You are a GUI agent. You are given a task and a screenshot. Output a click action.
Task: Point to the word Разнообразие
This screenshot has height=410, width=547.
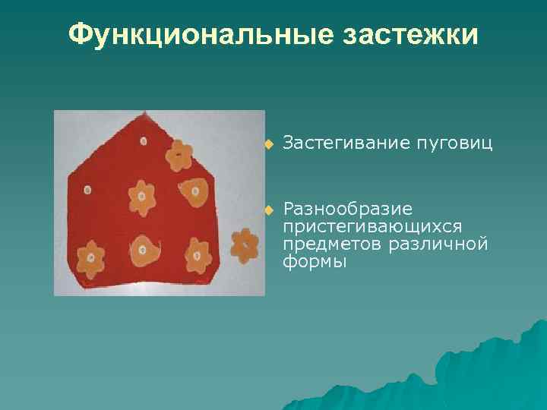[348, 209]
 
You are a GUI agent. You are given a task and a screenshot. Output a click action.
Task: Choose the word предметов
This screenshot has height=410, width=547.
[331, 244]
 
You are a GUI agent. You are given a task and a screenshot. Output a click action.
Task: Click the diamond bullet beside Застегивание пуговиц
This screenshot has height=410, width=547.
[267, 143]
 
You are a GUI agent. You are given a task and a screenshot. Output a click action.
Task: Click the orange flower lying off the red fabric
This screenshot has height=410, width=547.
[244, 244]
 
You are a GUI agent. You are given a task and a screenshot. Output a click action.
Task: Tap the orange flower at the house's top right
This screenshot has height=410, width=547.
[179, 155]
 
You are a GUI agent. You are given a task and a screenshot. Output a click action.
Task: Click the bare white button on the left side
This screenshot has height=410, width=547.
[87, 189]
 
